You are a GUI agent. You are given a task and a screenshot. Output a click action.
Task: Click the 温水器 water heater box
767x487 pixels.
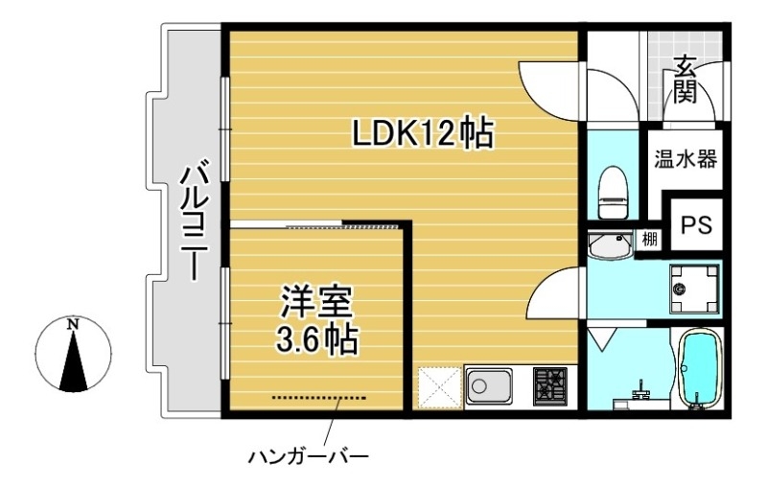pos(685,158)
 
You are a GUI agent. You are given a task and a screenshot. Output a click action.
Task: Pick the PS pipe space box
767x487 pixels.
pos(695,224)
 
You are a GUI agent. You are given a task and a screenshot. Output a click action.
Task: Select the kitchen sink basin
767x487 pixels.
pos(489,387)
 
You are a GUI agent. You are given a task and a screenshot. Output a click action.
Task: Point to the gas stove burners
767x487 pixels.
pos(549,387)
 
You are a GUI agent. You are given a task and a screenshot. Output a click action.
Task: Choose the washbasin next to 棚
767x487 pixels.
pos(608,246)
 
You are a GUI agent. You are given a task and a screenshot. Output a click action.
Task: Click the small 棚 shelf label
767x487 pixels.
pos(649,240)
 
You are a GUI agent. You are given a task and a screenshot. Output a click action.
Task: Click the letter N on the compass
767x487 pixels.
pos(73,324)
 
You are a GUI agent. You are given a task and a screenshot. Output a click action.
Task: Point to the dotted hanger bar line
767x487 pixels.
pos(318,397)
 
